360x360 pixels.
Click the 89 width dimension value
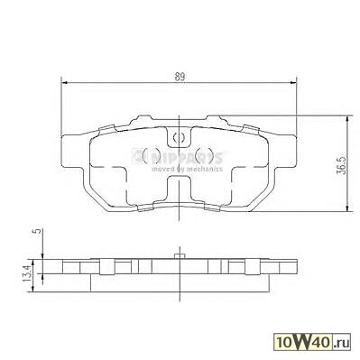(x=180, y=77)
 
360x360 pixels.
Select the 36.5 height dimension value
(x=341, y=165)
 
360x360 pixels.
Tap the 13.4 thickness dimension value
(x=26, y=273)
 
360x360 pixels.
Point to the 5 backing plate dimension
(x=38, y=231)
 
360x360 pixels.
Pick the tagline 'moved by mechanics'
(x=187, y=169)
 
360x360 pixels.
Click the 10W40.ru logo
(x=312, y=342)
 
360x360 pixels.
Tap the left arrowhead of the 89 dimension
(x=64, y=82)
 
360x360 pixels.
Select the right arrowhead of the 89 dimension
(x=293, y=82)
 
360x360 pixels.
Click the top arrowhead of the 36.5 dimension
(x=347, y=119)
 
